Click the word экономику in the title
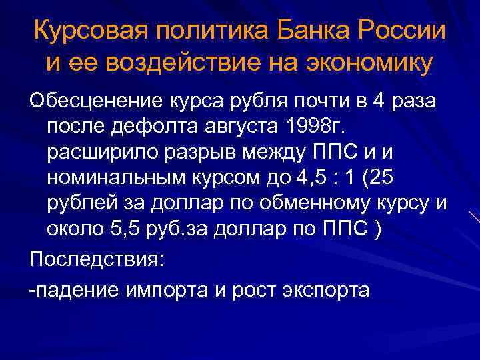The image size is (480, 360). pos(363,63)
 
